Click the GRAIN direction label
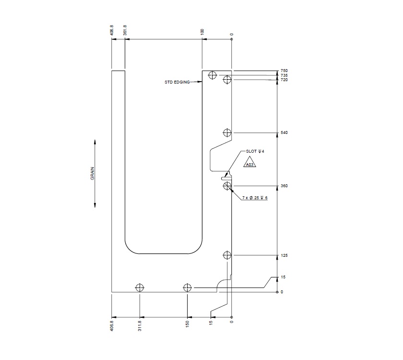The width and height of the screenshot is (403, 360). click(92, 173)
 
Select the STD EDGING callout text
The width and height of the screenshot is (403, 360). click(177, 82)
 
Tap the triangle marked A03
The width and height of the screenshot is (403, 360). click(249, 163)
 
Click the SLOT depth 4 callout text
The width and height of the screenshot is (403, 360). click(255, 151)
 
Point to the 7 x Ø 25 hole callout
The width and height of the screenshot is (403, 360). click(255, 198)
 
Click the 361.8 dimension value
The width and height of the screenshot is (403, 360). click(125, 30)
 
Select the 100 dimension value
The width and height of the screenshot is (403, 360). click(202, 31)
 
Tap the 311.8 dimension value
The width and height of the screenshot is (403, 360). click(140, 326)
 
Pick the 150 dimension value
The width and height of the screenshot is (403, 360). click(187, 325)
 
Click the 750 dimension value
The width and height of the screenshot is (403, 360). click(284, 71)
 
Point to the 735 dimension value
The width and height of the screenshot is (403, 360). click(284, 75)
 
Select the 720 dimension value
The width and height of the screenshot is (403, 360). click(284, 80)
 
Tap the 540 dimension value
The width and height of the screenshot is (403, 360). click(284, 132)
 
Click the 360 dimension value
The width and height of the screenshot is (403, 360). click(284, 186)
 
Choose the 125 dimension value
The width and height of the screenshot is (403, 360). click(284, 256)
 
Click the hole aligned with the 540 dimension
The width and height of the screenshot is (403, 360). click(227, 132)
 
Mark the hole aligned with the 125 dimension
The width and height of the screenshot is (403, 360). click(227, 255)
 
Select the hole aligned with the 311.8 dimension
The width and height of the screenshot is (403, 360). click(140, 288)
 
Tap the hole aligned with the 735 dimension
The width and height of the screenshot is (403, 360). click(213, 75)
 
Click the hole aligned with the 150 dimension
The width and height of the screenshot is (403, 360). click(187, 288)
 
